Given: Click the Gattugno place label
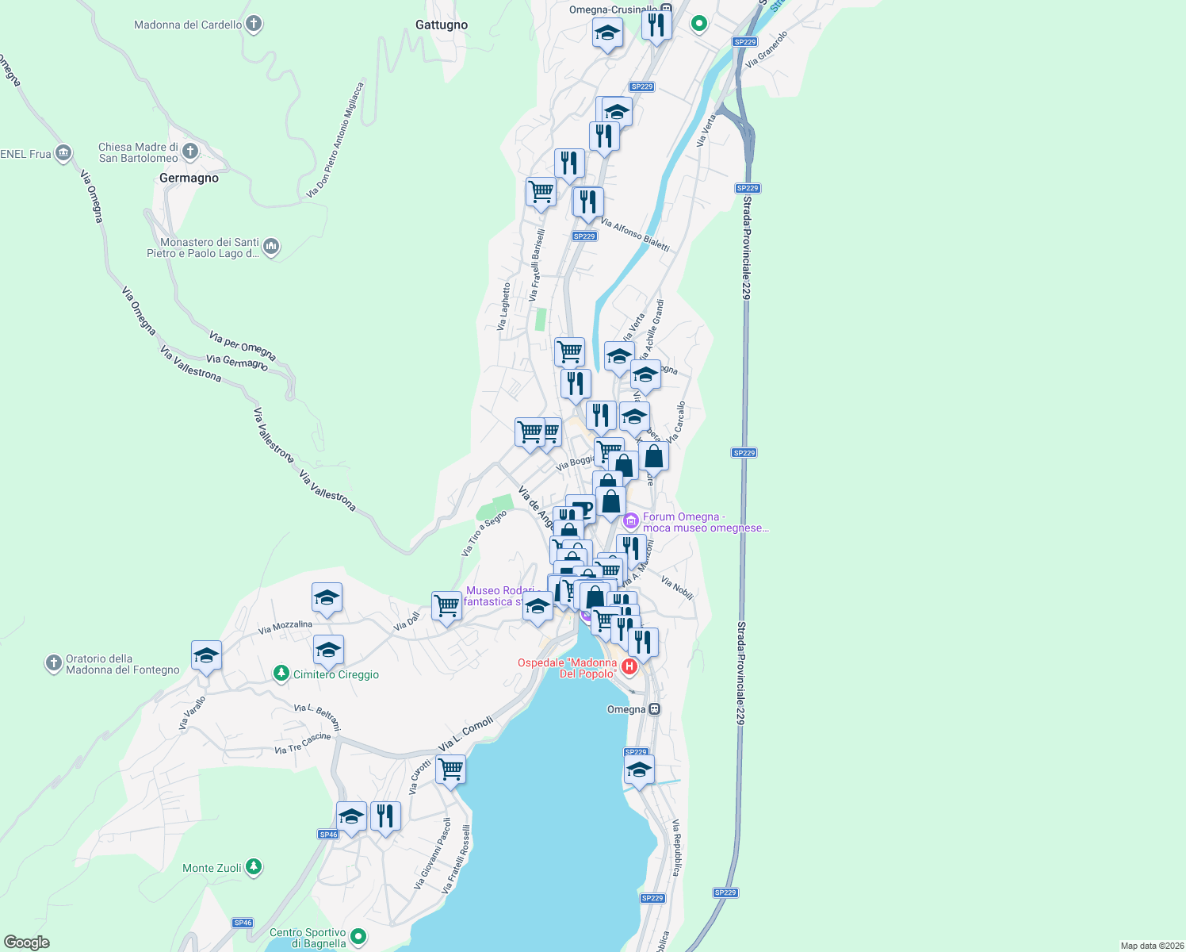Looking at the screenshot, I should (442, 25).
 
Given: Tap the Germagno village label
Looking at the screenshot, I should (189, 178).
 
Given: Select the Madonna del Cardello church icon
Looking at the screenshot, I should (254, 24).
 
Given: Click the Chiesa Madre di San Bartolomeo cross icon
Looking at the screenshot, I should (189, 151).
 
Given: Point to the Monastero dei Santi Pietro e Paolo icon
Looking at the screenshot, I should (271, 247).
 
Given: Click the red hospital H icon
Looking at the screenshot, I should (629, 666).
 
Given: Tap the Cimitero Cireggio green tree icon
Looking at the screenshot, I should (281, 674).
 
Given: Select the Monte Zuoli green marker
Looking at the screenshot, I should (253, 867).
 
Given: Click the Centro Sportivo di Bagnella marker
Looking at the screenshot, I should (358, 937).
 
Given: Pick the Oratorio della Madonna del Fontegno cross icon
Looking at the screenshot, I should (53, 663).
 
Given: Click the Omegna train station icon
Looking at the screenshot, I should (654, 709).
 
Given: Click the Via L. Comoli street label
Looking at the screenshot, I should (465, 734).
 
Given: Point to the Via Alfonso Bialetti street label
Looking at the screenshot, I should (635, 235).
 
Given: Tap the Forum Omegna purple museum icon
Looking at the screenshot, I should (631, 521).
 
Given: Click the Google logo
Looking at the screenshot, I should (27, 942).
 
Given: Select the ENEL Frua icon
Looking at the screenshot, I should (63, 153).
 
